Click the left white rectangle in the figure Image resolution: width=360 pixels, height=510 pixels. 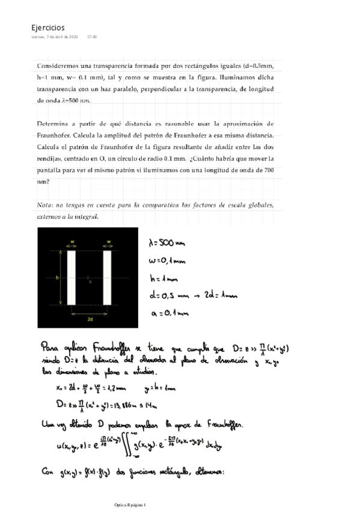click(71, 278)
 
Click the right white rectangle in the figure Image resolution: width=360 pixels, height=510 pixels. click(108, 278)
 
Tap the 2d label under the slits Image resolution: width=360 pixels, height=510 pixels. click(90, 319)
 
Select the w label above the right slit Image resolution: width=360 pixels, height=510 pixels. click(109, 242)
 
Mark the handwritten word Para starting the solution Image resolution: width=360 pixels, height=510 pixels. click(53, 348)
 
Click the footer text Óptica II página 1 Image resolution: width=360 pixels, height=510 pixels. click(135, 505)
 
